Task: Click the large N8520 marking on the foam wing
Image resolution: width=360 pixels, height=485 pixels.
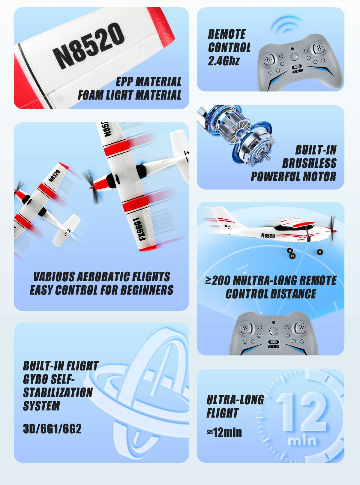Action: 88,46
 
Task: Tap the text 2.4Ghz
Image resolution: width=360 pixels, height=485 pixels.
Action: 223,61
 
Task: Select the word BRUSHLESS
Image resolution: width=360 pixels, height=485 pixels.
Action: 309,163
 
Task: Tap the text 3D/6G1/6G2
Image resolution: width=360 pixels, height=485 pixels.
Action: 52,429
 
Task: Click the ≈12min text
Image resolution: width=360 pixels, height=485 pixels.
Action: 224,432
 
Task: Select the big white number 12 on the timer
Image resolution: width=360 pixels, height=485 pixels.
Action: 302,412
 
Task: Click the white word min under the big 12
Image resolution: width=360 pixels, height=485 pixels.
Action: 302,440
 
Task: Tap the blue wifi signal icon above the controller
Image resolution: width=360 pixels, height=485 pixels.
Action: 286,25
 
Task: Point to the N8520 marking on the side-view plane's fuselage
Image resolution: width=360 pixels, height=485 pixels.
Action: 268,236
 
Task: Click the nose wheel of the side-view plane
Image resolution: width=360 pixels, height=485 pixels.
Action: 320,252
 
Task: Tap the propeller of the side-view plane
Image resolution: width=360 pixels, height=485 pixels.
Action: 333,231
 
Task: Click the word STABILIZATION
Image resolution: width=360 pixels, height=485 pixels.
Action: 58,393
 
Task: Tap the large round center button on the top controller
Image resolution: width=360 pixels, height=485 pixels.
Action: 294,57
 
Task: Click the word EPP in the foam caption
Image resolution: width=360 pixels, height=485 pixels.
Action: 124,82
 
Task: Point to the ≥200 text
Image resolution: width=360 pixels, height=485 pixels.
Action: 217,280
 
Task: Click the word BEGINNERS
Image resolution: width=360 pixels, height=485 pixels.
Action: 147,290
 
